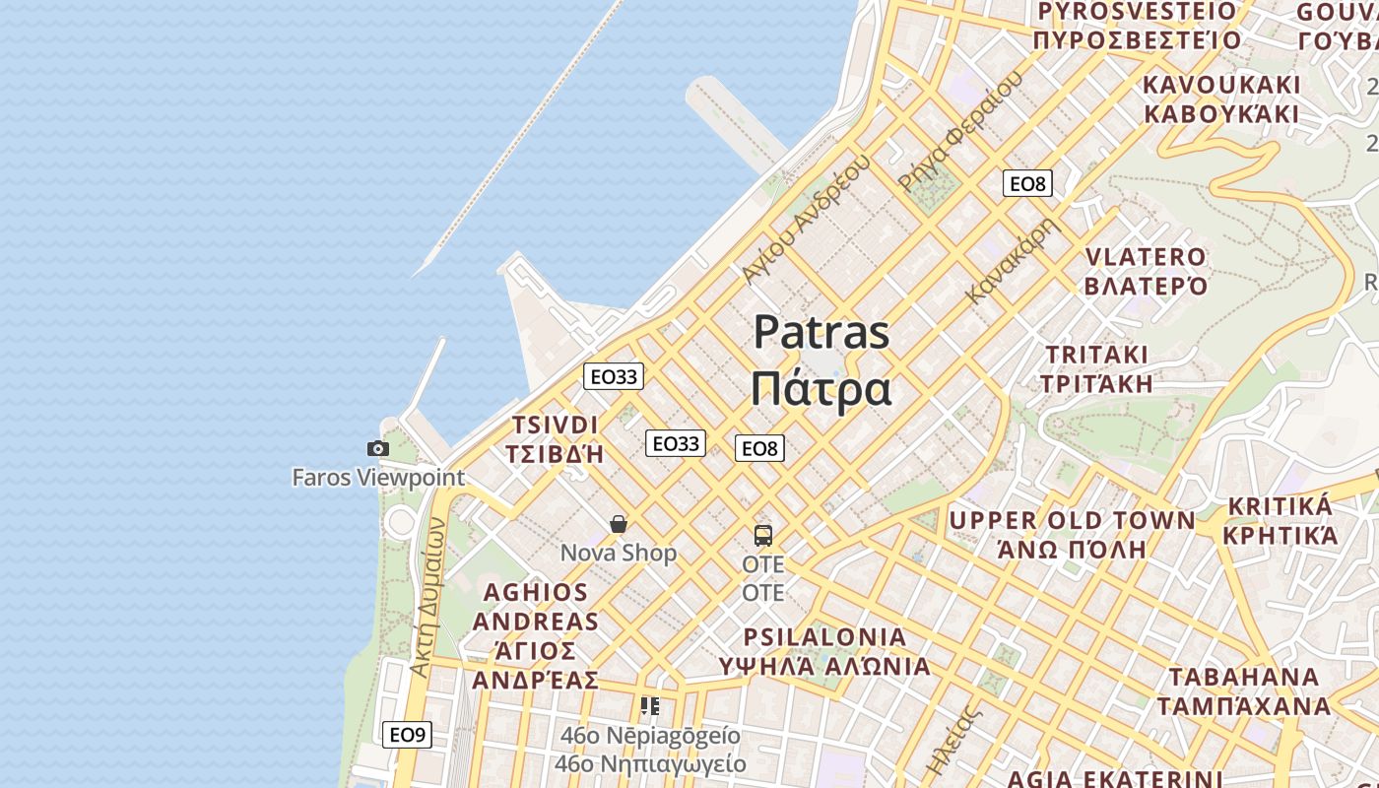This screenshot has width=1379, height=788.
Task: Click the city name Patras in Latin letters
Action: pyautogui.click(x=821, y=333)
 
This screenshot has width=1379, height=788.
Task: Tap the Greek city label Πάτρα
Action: pyautogui.click(x=821, y=388)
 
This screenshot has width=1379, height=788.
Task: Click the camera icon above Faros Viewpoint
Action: pyautogui.click(x=377, y=449)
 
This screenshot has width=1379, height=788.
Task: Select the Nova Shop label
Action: pyautogui.click(x=619, y=554)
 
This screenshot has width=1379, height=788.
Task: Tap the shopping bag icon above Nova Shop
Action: pyautogui.click(x=619, y=524)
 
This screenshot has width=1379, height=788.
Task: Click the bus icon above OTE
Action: pyautogui.click(x=763, y=536)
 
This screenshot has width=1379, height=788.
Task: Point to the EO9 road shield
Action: pyautogui.click(x=407, y=735)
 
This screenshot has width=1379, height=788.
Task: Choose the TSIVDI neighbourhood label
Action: pyautogui.click(x=555, y=426)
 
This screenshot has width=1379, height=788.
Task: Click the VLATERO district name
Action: pyautogui.click(x=1146, y=257)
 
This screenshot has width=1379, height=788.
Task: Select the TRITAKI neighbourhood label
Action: pyautogui.click(x=1097, y=355)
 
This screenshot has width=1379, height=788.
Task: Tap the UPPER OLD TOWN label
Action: pyautogui.click(x=1072, y=520)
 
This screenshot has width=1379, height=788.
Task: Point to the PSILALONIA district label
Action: pyautogui.click(x=825, y=636)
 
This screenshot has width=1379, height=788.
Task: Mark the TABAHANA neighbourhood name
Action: pyautogui.click(x=1243, y=678)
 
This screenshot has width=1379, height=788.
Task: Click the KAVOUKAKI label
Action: pyautogui.click(x=1221, y=85)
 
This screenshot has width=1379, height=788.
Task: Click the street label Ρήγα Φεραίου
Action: pyautogui.click(x=960, y=133)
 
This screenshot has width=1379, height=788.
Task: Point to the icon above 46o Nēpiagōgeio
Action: pyautogui.click(x=650, y=706)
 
